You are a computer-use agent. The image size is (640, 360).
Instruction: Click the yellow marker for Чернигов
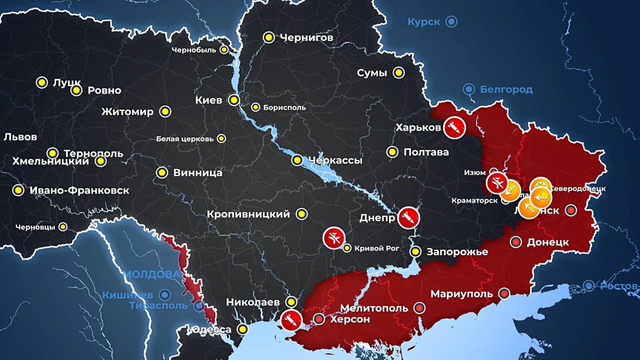(x=269, y=38)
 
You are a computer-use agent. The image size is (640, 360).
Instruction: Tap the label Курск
(x=424, y=22)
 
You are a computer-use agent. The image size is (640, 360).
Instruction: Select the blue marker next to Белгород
(x=469, y=89)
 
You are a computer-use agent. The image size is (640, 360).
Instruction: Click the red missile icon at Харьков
(x=454, y=128)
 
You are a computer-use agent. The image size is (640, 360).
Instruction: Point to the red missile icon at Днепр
(x=408, y=218)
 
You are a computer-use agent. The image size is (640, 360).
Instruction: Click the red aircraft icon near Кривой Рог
(x=334, y=238)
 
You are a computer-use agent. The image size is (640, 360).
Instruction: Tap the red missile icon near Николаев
(x=291, y=320)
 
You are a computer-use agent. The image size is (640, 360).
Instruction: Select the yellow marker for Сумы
(x=398, y=73)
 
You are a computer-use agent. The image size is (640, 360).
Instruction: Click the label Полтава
(x=426, y=152)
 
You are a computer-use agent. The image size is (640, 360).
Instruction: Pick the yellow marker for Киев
(x=234, y=100)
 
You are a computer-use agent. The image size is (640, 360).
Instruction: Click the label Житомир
(x=127, y=112)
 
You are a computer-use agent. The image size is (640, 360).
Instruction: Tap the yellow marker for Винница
(x=162, y=172)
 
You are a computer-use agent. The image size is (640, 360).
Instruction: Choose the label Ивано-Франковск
(x=79, y=190)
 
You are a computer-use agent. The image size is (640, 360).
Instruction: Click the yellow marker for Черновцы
(x=63, y=227)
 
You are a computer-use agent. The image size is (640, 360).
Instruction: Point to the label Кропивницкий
(x=248, y=214)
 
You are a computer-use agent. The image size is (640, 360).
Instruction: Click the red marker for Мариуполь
(x=504, y=293)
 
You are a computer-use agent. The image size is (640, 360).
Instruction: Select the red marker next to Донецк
(x=516, y=242)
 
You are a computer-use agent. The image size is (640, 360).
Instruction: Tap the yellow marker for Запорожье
(x=416, y=252)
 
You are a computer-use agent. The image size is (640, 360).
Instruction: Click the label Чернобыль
(x=194, y=50)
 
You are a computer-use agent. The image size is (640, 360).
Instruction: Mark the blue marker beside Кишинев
(x=165, y=295)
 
